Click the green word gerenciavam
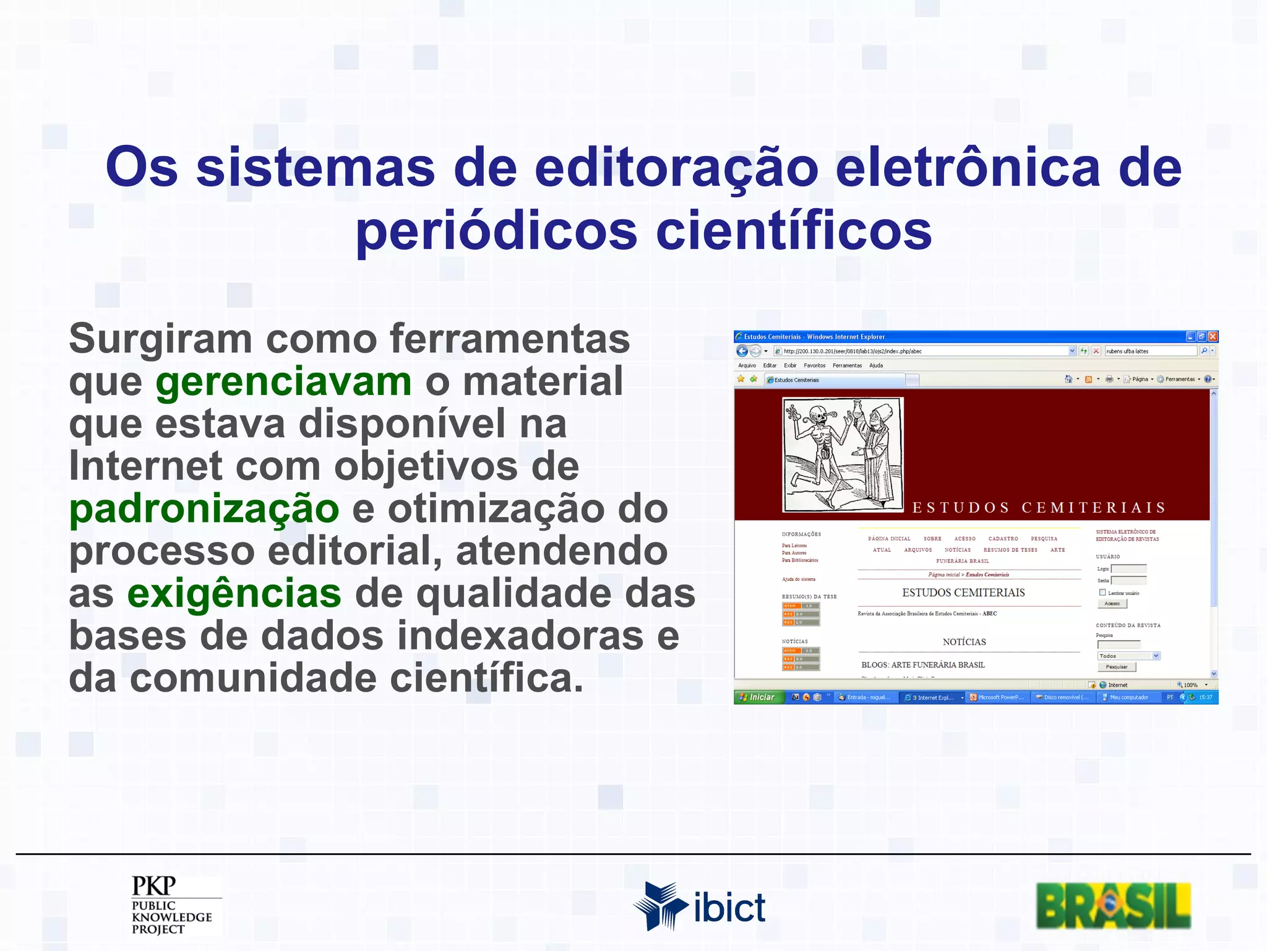pyautogui.click(x=283, y=382)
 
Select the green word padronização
pyautogui.click(x=204, y=509)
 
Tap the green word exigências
pyautogui.click(x=234, y=594)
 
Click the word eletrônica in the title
pyautogui.click(x=968, y=167)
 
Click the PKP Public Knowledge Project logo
pyautogui.click(x=173, y=905)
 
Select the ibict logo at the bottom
pyautogui.click(x=699, y=906)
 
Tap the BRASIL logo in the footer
pyautogui.click(x=1113, y=905)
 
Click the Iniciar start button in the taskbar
pyautogui.click(x=758, y=697)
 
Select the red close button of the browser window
pyautogui.click(x=1213, y=336)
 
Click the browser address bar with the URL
pyautogui.click(x=922, y=351)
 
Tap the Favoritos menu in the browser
pyautogui.click(x=814, y=365)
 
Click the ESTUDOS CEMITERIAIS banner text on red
pyautogui.click(x=1039, y=508)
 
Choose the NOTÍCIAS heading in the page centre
pyautogui.click(x=964, y=642)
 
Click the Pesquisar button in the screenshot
pyautogui.click(x=1116, y=667)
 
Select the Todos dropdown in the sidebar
pyautogui.click(x=1128, y=656)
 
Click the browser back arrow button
pyautogui.click(x=742, y=351)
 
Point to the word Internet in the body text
pyautogui.click(x=145, y=466)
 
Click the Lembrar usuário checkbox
pyautogui.click(x=1102, y=593)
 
